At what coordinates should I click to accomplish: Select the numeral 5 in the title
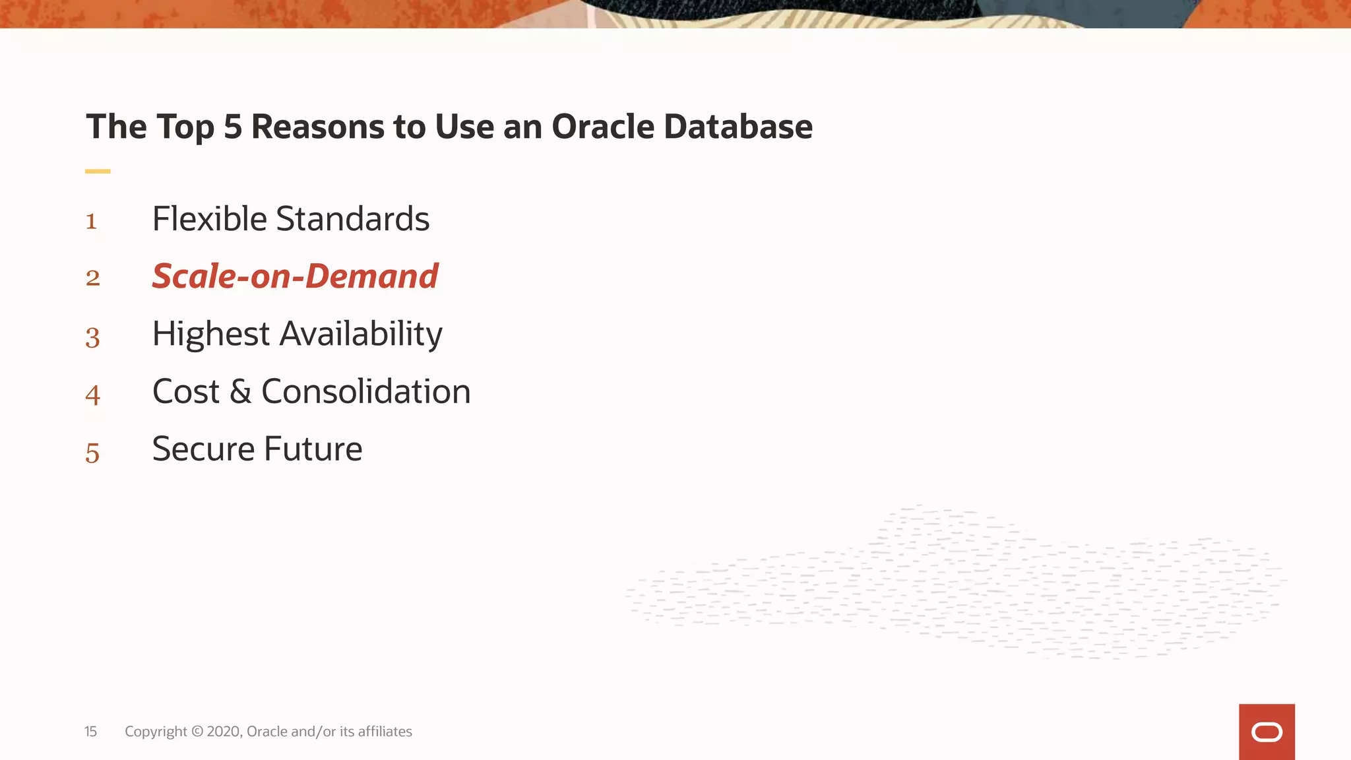233,127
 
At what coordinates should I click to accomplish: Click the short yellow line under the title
98,172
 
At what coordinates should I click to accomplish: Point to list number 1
92,222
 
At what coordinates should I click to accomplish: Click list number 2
92,278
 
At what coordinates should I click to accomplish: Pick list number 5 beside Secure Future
92,453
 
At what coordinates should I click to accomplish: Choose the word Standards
352,219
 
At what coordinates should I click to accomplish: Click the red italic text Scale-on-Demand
295,276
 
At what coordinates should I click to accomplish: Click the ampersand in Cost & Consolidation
241,392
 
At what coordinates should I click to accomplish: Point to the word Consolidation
366,392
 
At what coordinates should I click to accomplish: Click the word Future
313,449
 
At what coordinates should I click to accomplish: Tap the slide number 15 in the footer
90,732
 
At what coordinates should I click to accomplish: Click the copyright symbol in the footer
197,732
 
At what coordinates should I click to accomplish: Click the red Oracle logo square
1267,732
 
